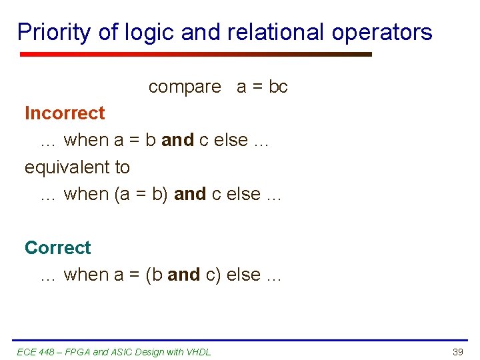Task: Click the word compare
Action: point(185,87)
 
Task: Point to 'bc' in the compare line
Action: point(278,87)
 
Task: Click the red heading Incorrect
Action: point(65,113)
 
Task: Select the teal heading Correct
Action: point(57,247)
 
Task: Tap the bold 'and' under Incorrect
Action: point(177,140)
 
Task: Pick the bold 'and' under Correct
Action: point(183,275)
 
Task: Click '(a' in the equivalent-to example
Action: point(122,194)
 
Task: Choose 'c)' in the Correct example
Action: point(213,275)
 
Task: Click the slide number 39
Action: point(457,351)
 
